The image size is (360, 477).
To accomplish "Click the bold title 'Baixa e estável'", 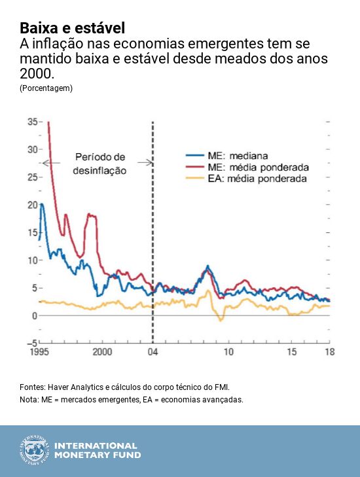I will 72,28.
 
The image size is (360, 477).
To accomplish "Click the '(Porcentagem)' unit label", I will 46,88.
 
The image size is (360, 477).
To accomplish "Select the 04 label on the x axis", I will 153,352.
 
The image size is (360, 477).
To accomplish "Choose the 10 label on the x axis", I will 228,352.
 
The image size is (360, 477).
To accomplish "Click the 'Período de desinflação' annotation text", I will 99,164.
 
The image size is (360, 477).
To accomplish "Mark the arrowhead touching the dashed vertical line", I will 150,163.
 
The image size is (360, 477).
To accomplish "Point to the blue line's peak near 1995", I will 43,204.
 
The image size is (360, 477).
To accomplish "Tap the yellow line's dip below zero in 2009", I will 221,320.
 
